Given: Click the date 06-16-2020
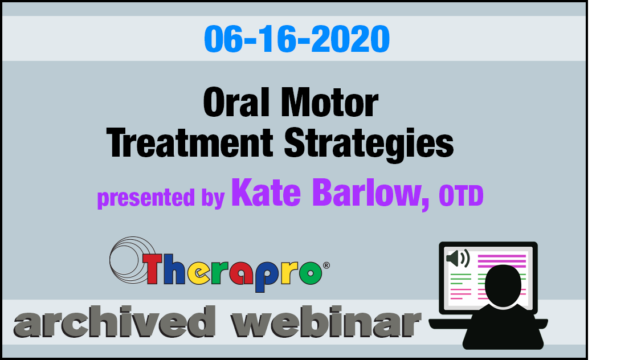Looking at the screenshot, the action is pos(297,39).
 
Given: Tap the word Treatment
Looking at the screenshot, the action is pos(190,143).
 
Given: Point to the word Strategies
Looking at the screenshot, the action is pos(369,144).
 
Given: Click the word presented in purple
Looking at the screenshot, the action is pos(146,198).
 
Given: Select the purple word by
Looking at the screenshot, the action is pos(213,199).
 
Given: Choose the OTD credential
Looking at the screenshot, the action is pos(461,196).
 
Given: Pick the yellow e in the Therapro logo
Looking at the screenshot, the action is pos(198,273).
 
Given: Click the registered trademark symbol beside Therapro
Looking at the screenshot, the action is pos(326,265).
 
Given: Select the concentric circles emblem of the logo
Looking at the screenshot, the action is pos(132,260).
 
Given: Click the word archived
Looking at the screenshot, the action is pos(115,322).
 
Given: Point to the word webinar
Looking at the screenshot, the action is pos(326,322).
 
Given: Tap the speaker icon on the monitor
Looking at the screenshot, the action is pos(458,259).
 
